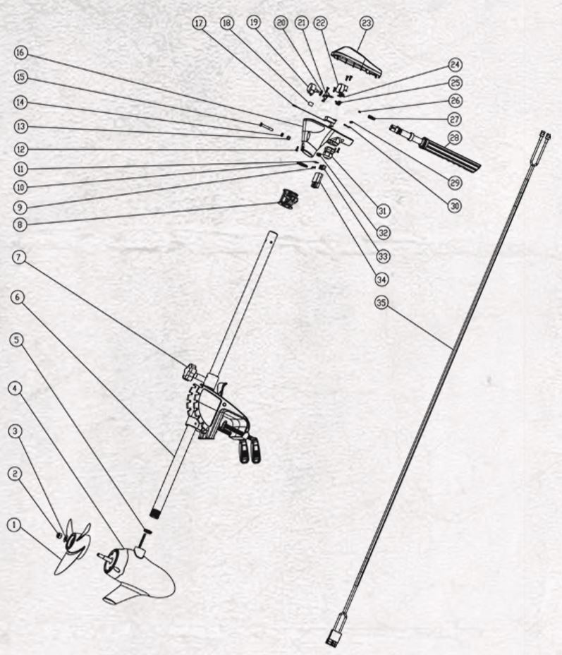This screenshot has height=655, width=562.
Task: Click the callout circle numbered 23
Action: tap(366, 23)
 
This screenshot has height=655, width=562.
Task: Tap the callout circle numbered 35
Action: tap(381, 302)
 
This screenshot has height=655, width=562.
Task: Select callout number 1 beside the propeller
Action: tap(15, 524)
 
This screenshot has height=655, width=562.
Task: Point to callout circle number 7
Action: tap(19, 258)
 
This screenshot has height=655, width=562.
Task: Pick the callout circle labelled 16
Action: tap(20, 53)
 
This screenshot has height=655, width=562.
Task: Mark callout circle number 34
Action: tap(381, 279)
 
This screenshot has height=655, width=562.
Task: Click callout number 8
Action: tap(20, 224)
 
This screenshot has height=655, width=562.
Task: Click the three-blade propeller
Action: tap(73, 546)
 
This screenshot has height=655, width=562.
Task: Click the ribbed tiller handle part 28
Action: tap(434, 148)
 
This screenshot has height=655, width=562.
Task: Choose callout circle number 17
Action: tap(200, 23)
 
